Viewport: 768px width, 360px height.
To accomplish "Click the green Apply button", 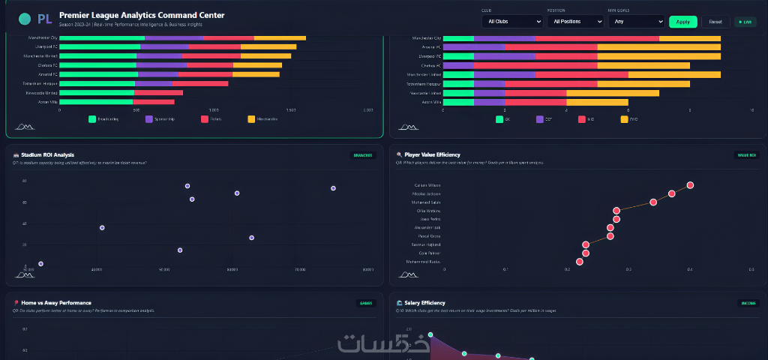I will click(682, 22).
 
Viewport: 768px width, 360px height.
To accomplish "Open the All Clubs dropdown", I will click(512, 22).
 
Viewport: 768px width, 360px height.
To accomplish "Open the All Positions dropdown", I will click(575, 22).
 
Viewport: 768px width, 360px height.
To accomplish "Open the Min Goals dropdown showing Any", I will click(636, 22).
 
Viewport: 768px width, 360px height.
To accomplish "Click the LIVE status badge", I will click(745, 22).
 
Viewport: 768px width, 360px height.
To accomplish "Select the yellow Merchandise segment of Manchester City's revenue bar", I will click(280, 37).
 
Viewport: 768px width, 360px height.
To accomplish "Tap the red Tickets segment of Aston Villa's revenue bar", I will click(154, 102).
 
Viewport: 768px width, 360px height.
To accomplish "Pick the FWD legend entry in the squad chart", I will click(631, 119).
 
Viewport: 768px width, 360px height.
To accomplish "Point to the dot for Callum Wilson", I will click(690, 185).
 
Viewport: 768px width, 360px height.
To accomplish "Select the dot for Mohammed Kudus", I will click(580, 262).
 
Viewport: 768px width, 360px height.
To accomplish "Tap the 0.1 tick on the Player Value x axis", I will click(505, 269).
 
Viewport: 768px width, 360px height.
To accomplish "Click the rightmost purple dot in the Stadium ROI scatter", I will click(333, 188).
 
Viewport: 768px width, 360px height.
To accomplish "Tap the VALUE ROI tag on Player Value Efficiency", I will click(746, 155).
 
